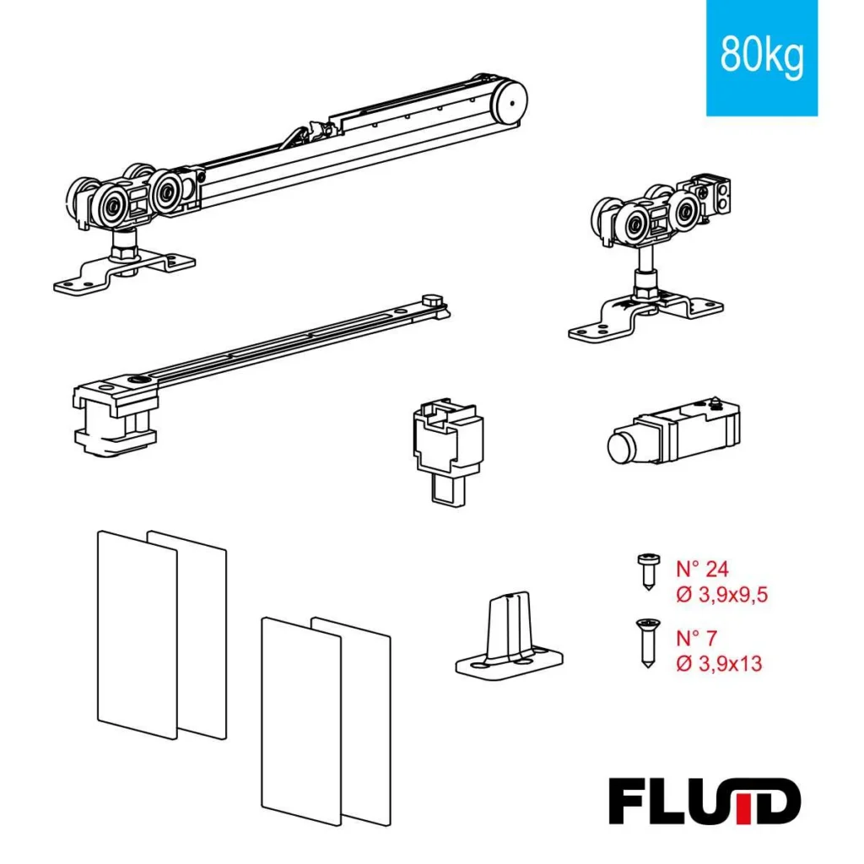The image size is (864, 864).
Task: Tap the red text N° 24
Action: pos(705,568)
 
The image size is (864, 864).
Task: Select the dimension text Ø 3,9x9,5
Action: pos(722,595)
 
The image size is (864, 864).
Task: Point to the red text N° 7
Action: pos(700,637)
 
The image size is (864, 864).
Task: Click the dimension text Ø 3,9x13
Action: pos(719,663)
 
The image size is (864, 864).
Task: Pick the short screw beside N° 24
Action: pos(647,571)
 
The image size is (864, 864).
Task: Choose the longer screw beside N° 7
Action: pos(647,642)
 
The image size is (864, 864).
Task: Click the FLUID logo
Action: pos(704,802)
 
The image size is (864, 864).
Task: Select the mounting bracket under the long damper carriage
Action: pos(123,271)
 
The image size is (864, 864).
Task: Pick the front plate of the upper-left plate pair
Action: pos(137,633)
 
